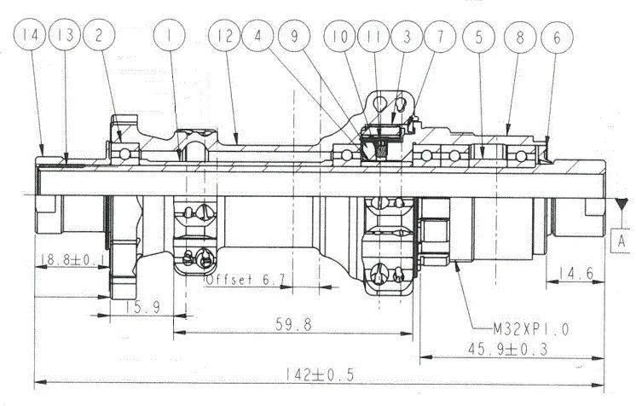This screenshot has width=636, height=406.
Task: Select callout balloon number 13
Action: pyautogui.click(x=65, y=35)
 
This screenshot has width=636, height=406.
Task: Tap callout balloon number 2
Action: pyautogui.click(x=99, y=35)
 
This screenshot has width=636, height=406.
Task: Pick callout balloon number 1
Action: pyautogui.click(x=169, y=35)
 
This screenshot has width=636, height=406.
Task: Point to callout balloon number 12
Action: pyautogui.click(x=224, y=36)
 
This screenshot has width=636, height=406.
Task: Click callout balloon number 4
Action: pyautogui.click(x=258, y=36)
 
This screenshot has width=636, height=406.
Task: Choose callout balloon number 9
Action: pyautogui.click(x=294, y=36)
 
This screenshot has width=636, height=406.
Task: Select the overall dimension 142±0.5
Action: pyautogui.click(x=320, y=374)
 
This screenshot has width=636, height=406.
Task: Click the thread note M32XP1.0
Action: pyautogui.click(x=531, y=328)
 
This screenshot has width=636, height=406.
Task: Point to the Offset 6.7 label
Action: pyautogui.click(x=246, y=279)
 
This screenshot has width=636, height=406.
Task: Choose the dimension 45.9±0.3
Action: pyautogui.click(x=507, y=349)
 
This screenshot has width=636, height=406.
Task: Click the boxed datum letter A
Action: pyautogui.click(x=621, y=241)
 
